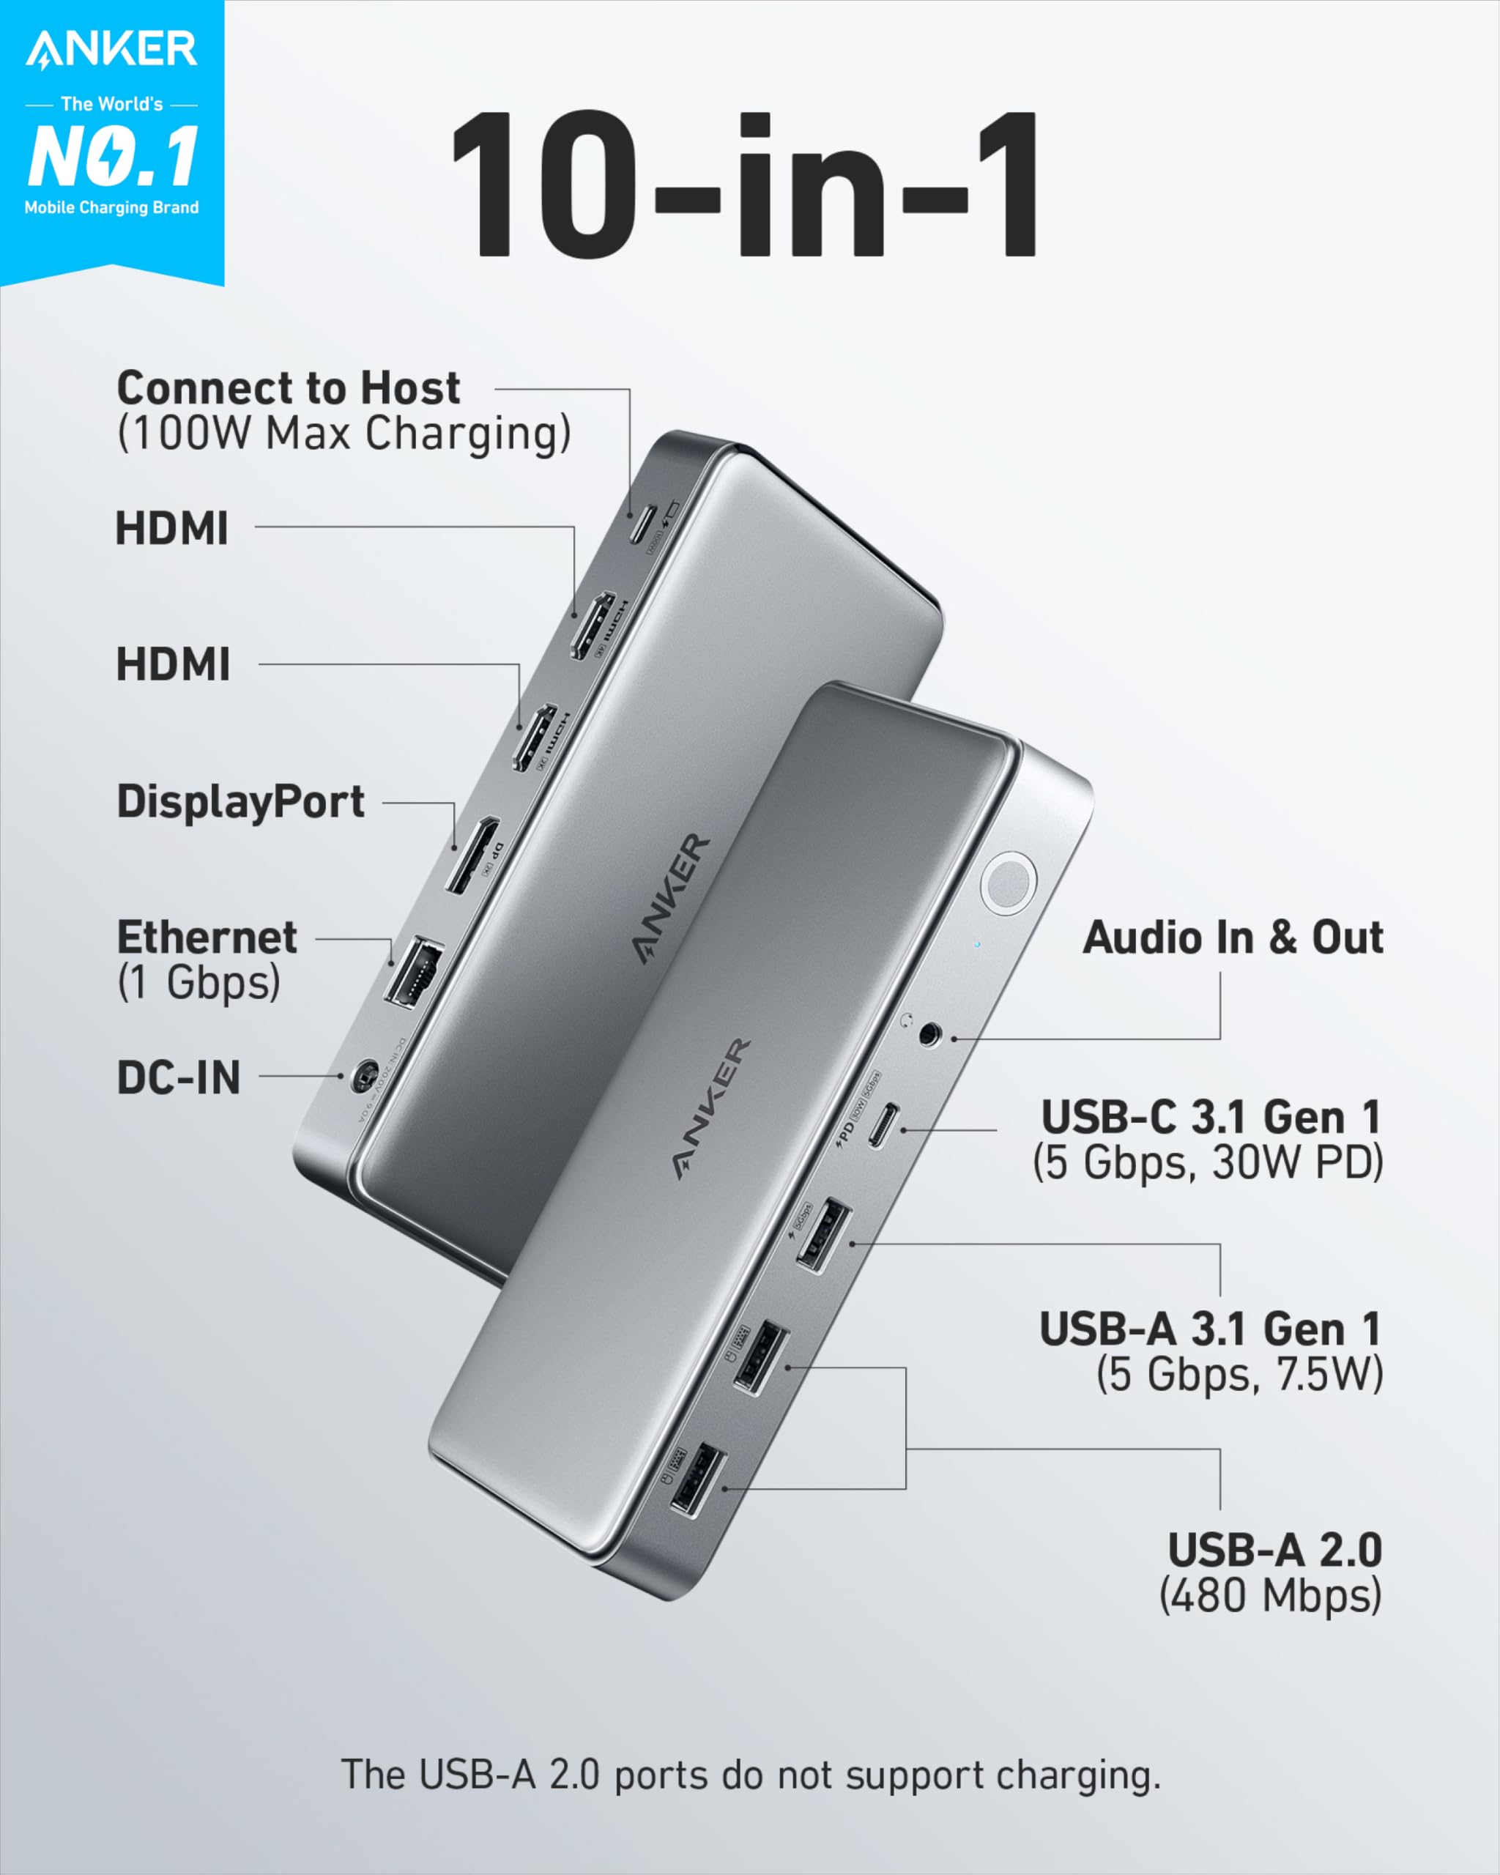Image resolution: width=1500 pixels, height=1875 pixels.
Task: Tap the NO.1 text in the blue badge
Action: [x=113, y=157]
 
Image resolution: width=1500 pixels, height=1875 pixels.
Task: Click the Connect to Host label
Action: [x=288, y=388]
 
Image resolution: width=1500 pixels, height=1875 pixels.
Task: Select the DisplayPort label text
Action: [x=241, y=801]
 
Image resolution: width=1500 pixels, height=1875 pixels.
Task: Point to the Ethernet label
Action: [x=207, y=937]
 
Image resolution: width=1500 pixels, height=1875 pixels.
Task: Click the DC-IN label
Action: [x=178, y=1077]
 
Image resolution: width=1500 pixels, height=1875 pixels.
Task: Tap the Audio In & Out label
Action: [x=1232, y=937]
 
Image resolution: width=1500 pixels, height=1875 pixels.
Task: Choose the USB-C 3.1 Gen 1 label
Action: [x=1211, y=1118]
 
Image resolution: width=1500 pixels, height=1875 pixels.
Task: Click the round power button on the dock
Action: [x=1008, y=883]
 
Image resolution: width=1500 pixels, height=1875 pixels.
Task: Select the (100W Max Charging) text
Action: [x=344, y=433]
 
